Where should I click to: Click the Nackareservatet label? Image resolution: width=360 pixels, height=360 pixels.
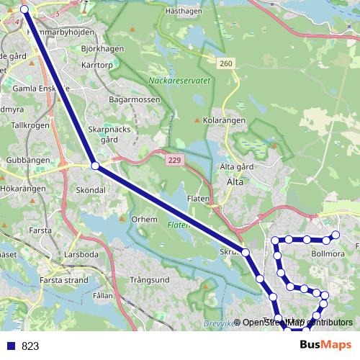click(x=179, y=81)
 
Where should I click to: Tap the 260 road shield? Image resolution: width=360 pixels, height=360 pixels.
click(x=226, y=64)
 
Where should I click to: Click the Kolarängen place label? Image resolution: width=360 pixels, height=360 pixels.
click(x=224, y=120)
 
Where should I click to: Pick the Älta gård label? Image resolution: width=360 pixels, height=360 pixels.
click(x=234, y=166)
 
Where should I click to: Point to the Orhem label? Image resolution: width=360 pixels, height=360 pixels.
click(x=144, y=219)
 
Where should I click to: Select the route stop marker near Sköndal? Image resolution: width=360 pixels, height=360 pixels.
click(x=96, y=166)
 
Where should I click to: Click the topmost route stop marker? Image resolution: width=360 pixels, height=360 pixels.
click(x=24, y=9)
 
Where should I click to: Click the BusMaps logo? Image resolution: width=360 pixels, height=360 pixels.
click(x=325, y=344)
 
